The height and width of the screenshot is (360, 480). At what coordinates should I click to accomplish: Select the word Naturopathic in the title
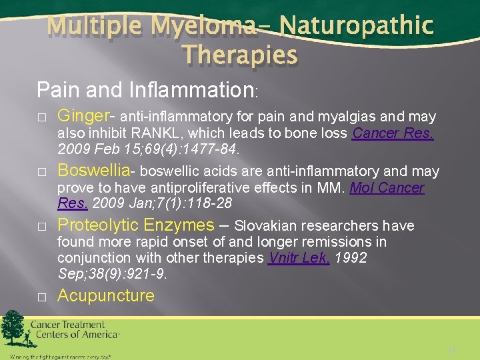[356, 27]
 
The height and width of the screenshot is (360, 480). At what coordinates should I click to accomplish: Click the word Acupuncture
[106, 295]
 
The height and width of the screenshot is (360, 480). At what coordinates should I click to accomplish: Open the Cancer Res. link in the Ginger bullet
[393, 133]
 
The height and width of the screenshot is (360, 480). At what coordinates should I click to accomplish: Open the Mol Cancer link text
[387, 188]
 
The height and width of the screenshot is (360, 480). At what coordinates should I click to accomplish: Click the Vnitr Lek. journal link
[299, 258]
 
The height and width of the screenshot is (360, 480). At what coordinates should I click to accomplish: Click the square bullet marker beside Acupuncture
[41, 297]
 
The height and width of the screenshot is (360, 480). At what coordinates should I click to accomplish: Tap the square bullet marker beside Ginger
[41, 117]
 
